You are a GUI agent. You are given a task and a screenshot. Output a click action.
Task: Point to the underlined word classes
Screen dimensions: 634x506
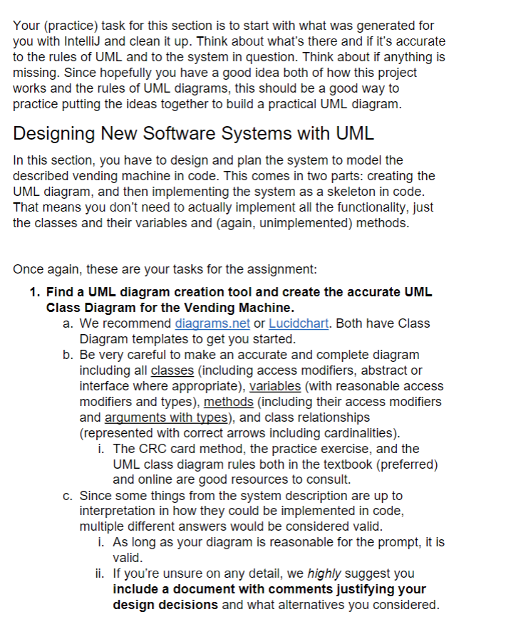click(x=174, y=370)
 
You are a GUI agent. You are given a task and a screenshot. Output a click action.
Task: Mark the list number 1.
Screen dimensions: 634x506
click(x=34, y=292)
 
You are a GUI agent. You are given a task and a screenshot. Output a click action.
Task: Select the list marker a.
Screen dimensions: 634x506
click(x=67, y=323)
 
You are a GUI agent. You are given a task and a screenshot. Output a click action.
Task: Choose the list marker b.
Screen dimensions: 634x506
click(x=67, y=355)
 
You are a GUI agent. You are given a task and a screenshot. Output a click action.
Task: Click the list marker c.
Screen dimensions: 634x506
click(x=67, y=496)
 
